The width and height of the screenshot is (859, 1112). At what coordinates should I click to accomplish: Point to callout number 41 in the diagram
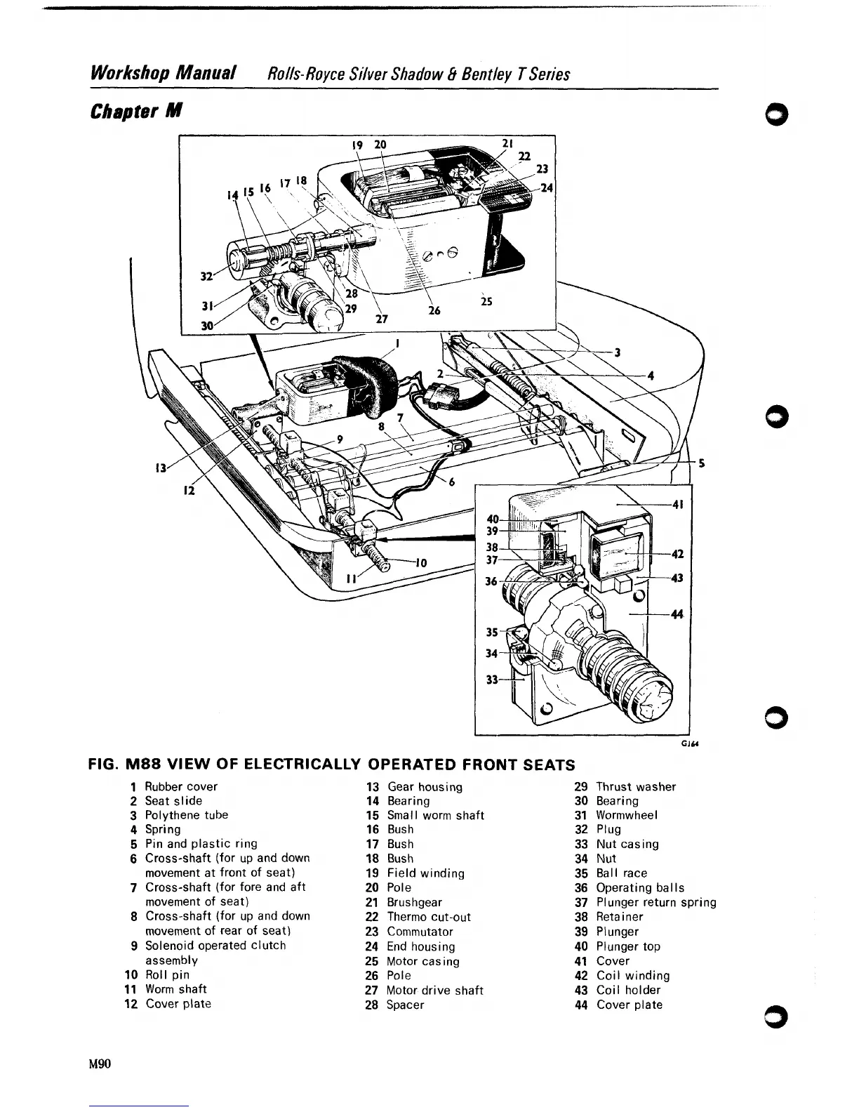[x=677, y=504]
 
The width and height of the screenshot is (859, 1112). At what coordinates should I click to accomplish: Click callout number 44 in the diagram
[x=677, y=614]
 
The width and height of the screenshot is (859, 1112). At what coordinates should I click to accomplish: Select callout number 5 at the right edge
[x=702, y=463]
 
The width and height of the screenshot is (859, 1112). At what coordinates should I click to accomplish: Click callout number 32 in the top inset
[x=206, y=276]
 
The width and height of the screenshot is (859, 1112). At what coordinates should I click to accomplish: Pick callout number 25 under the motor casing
[x=486, y=301]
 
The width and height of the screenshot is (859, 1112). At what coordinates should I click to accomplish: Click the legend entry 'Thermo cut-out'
[x=429, y=917]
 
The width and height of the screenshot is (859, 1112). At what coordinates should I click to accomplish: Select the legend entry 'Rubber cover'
[x=181, y=786]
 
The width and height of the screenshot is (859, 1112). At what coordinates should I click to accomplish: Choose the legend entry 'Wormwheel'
[x=627, y=815]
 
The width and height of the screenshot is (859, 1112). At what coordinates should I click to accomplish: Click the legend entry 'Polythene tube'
[x=186, y=815]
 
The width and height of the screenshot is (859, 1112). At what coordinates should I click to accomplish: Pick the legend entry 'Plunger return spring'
[x=656, y=902]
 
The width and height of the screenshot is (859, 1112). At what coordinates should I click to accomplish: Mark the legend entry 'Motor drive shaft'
[x=434, y=990]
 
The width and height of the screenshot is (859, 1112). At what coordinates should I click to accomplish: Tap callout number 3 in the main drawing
[x=617, y=352]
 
